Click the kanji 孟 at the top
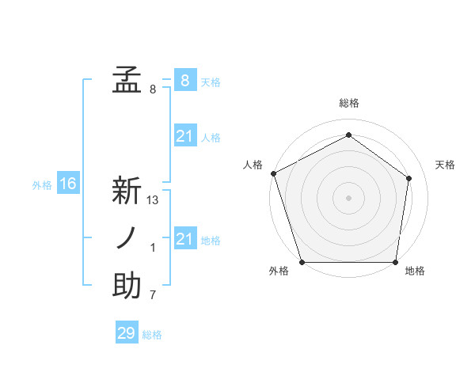point(127,80)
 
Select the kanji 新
point(127,191)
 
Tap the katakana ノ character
point(127,238)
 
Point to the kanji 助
point(127,286)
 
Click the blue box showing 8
point(184,80)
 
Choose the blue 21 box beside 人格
point(184,137)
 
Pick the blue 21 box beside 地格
point(184,239)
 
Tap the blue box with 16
point(68,184)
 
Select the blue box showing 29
point(127,333)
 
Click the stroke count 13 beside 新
point(153,200)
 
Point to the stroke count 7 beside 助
point(153,295)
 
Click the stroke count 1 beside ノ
point(153,248)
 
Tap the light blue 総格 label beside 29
point(152,335)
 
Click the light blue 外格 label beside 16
point(42,185)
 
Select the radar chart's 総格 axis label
point(348,103)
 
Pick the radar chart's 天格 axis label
point(446,165)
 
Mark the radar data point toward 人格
point(273,173)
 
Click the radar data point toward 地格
point(395,262)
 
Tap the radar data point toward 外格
point(302,262)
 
